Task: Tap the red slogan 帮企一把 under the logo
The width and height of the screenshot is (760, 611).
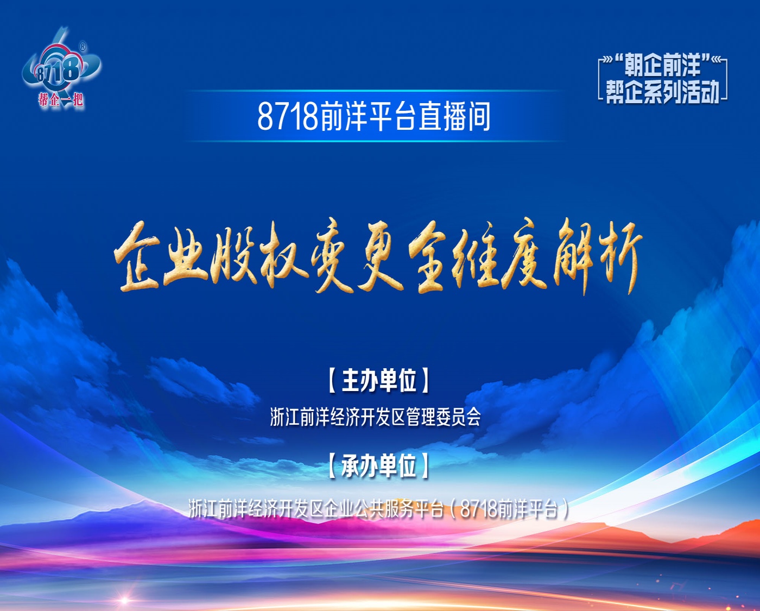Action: [61, 100]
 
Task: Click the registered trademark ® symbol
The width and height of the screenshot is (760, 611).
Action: [83, 46]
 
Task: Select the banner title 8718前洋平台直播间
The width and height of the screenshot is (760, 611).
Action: [373, 116]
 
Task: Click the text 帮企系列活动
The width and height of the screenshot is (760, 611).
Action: [662, 92]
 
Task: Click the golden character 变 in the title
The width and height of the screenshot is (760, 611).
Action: [332, 257]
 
